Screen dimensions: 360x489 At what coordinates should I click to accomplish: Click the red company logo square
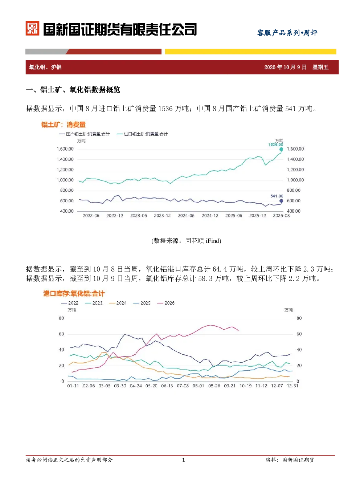pos(32,28)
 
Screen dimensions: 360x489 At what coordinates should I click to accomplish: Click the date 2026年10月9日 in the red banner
pos(285,67)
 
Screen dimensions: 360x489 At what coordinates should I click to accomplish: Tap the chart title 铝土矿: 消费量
pos(64,125)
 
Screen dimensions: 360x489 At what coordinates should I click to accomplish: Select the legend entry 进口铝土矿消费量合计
pos(142,134)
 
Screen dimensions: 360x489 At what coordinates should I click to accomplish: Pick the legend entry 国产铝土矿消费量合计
pos(85,134)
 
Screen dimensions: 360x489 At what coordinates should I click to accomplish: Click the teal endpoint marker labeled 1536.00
pos(281,149)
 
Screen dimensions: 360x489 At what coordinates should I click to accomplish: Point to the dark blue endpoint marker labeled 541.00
pos(281,201)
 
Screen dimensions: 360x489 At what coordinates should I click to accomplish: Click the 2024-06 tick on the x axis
pos(186,216)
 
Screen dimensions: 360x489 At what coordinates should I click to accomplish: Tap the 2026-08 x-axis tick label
pos(282,216)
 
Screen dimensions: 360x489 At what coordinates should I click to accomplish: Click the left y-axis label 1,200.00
pos(65,170)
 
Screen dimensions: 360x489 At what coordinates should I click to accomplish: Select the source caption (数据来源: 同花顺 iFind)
pos(186,241)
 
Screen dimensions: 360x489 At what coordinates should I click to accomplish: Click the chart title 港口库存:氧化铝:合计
pos(74,294)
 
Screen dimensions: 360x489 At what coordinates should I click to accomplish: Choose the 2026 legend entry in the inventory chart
pos(166,303)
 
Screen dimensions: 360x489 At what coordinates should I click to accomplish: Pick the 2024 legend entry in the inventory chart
pos(118,303)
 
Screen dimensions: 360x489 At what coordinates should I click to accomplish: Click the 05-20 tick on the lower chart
pos(151,386)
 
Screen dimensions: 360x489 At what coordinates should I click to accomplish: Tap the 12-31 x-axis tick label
pos(292,386)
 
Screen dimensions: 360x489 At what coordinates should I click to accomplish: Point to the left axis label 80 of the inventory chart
pos(61,318)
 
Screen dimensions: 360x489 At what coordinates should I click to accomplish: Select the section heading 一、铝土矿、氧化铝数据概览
pos(73,90)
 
